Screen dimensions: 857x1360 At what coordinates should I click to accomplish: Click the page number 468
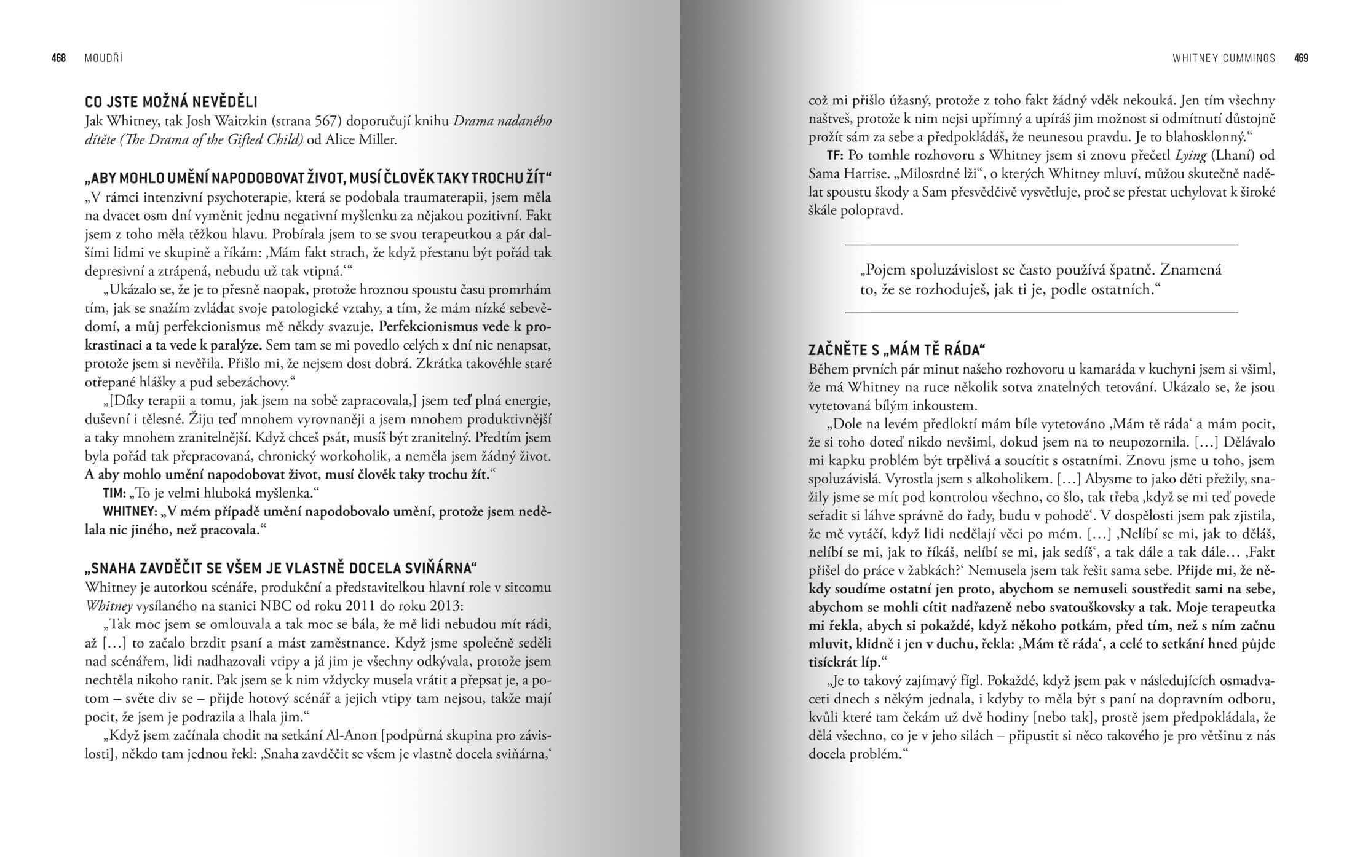pyautogui.click(x=58, y=58)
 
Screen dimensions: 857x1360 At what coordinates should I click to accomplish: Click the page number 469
pyautogui.click(x=1301, y=58)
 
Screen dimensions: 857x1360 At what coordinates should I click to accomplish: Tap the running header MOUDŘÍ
pyautogui.click(x=103, y=58)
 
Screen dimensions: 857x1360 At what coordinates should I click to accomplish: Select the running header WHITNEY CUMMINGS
pyautogui.click(x=1224, y=58)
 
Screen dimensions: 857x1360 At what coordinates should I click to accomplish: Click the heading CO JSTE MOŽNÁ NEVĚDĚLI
pyautogui.click(x=171, y=102)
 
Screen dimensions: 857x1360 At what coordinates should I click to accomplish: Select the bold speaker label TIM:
pyautogui.click(x=114, y=493)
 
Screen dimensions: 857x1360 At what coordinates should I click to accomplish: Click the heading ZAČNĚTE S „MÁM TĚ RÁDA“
pyautogui.click(x=896, y=350)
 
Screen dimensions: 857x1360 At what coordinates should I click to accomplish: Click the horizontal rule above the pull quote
pyautogui.click(x=1042, y=245)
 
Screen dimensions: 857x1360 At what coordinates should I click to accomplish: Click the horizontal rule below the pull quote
pyautogui.click(x=1042, y=313)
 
